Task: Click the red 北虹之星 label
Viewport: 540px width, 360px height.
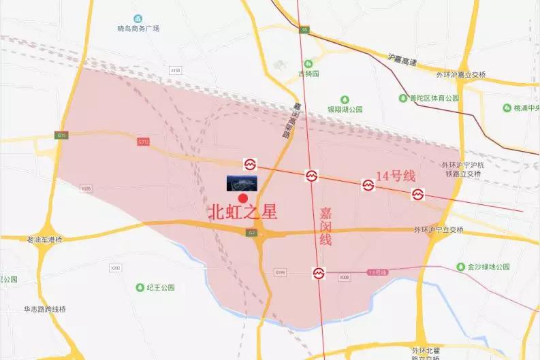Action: tap(242, 212)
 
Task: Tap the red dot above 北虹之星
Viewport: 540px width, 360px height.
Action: tap(243, 197)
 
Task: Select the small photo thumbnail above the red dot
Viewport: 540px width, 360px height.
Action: tap(242, 182)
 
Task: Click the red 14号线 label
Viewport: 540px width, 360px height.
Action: tap(396, 176)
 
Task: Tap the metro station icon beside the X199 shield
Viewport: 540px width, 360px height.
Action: tap(319, 274)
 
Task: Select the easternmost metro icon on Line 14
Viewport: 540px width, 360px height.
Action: tap(417, 195)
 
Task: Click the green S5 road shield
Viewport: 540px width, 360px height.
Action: tap(304, 30)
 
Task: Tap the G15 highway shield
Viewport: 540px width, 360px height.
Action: tap(63, 135)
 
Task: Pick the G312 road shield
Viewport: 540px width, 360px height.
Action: tap(143, 142)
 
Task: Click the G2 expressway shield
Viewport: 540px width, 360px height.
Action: tap(251, 233)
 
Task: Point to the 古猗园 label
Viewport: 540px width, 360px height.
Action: tap(308, 73)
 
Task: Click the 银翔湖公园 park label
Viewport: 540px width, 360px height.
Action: tap(345, 109)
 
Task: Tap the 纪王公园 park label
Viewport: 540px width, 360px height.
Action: tap(160, 287)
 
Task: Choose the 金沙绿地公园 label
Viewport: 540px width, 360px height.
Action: tap(488, 267)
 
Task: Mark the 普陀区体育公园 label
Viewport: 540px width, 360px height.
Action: tap(431, 98)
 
